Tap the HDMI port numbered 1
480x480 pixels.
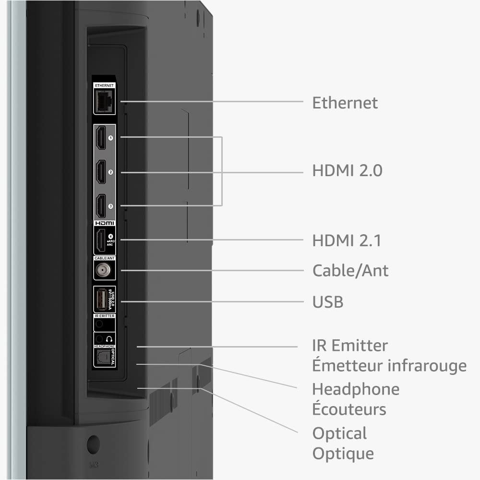click(101, 138)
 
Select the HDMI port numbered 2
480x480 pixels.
click(101, 172)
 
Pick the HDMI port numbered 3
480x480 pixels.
click(101, 206)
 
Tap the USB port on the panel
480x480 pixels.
click(101, 300)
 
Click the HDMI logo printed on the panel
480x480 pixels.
click(104, 223)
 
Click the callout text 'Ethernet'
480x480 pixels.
click(345, 103)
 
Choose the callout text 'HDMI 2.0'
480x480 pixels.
click(347, 171)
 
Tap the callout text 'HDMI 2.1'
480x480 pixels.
click(347, 240)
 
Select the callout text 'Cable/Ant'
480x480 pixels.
click(350, 271)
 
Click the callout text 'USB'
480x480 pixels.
click(328, 302)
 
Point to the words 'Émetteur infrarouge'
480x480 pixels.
click(389, 366)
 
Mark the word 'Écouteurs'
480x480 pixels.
click(349, 409)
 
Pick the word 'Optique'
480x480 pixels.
click(343, 453)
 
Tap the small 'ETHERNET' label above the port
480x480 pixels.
click(104, 85)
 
